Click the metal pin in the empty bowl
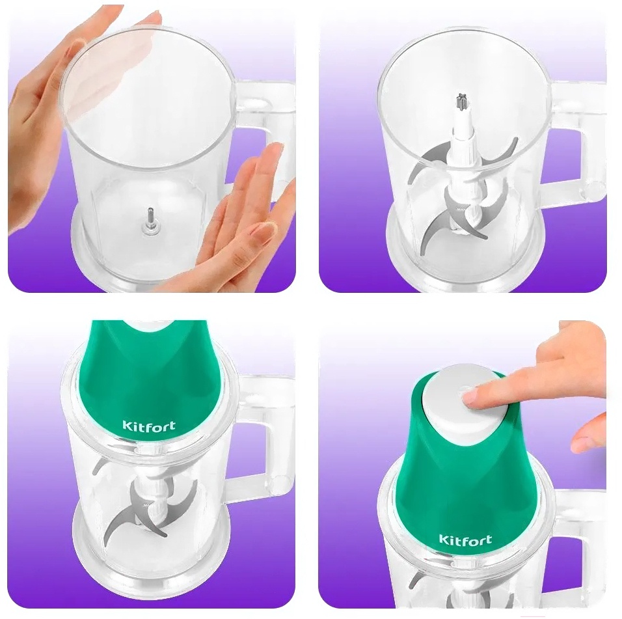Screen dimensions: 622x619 tap(151, 219)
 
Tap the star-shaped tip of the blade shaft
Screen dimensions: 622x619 tap(461, 102)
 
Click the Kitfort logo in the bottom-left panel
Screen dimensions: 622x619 tap(149, 426)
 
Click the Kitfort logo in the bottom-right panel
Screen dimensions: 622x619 tap(465, 539)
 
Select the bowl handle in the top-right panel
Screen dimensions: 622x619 tap(578, 139)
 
